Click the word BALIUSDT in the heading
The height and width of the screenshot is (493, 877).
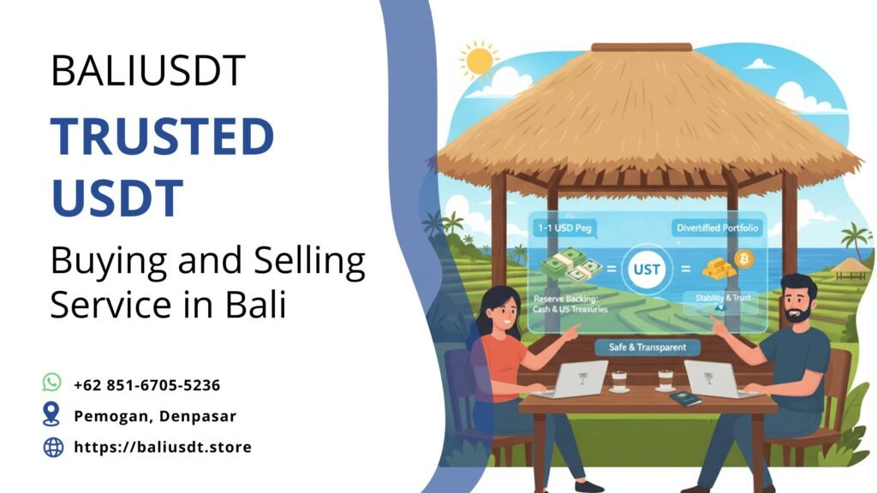(148, 72)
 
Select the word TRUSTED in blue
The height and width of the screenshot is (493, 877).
(162, 137)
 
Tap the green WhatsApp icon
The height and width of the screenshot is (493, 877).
(53, 383)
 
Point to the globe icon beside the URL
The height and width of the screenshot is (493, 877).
(53, 446)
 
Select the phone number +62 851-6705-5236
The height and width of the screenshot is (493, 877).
(146, 385)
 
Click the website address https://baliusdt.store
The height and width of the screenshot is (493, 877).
(163, 447)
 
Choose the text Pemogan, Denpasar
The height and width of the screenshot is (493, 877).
(155, 416)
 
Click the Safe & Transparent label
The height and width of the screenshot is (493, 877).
(647, 347)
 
